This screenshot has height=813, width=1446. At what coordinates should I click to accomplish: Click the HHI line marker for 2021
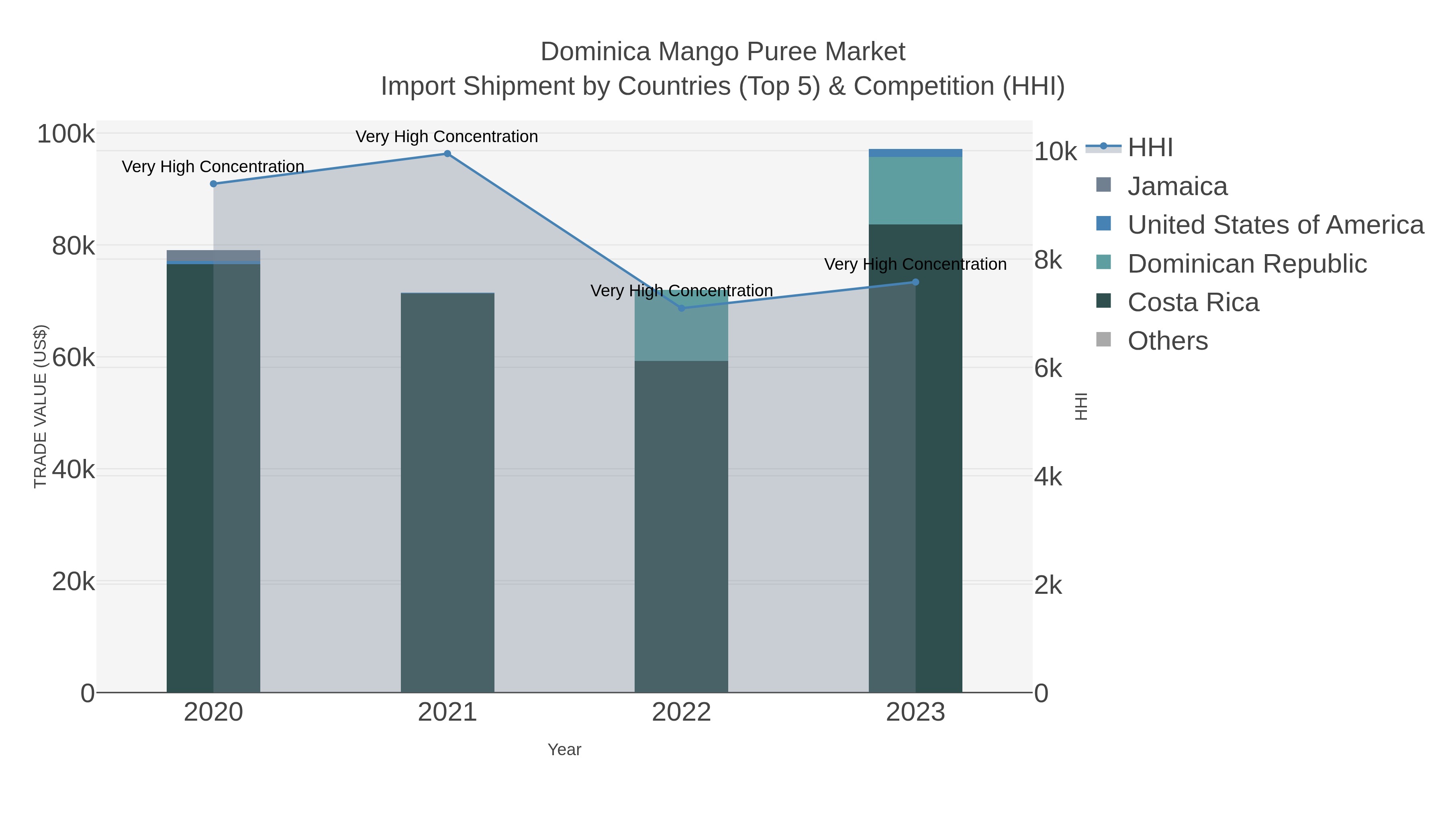pyautogui.click(x=447, y=154)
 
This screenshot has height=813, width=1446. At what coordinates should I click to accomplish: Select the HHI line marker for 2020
pyautogui.click(x=213, y=184)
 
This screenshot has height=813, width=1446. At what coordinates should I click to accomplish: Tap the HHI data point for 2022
pyautogui.click(x=682, y=308)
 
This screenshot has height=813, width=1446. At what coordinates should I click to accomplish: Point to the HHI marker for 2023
pyautogui.click(x=915, y=282)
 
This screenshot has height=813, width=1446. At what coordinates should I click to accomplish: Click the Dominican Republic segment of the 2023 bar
pyautogui.click(x=915, y=191)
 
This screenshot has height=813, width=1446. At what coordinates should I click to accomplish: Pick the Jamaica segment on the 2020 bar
pyautogui.click(x=213, y=255)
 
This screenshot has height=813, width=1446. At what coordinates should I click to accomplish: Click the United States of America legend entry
pyautogui.click(x=1275, y=225)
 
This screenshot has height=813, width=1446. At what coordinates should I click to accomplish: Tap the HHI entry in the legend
pyautogui.click(x=1150, y=148)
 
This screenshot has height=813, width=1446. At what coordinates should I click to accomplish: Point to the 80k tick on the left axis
pyautogui.click(x=73, y=246)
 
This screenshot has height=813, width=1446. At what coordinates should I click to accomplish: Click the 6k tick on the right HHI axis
pyautogui.click(x=1048, y=369)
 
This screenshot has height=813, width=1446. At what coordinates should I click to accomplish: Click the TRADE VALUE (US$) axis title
pyautogui.click(x=41, y=406)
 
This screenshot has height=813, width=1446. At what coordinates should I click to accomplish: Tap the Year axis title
pyautogui.click(x=564, y=750)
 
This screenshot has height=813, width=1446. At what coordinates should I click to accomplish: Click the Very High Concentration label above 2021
pyautogui.click(x=447, y=137)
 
